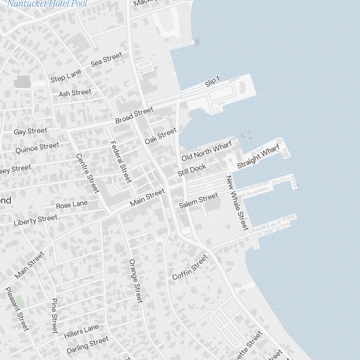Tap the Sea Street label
coord(106,59)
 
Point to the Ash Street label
coord(75,93)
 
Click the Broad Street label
coord(134,115)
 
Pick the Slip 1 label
coord(212,82)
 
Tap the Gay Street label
coord(30,131)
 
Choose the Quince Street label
coord(37,148)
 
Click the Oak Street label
coord(161,136)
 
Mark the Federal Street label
coord(121,162)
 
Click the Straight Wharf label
coord(258,157)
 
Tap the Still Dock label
coord(192,170)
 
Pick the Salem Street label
coord(198,201)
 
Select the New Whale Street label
coord(237,203)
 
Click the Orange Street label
coord(136,281)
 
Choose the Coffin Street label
coord(190,267)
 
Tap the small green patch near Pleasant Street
coord(20,301)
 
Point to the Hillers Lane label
coord(81,332)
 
